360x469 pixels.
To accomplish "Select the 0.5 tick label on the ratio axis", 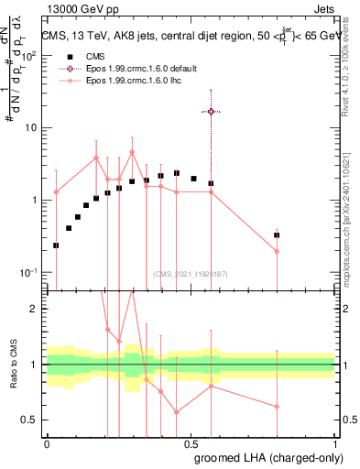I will pos(29,420).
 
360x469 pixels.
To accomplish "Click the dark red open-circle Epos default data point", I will pos(211,111).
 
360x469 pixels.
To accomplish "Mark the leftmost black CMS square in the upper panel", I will pos(57,245).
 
